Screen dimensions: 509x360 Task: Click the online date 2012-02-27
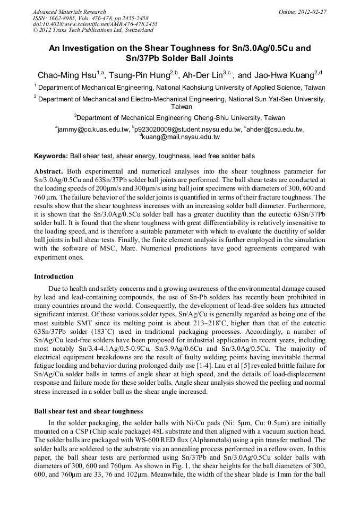[x=313, y=12]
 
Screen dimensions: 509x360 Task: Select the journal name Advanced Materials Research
[x=69, y=12]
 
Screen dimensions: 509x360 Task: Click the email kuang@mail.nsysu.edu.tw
[x=181, y=137]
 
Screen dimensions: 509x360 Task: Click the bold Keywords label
[x=50, y=157]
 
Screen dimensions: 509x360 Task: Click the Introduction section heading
[x=54, y=277]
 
